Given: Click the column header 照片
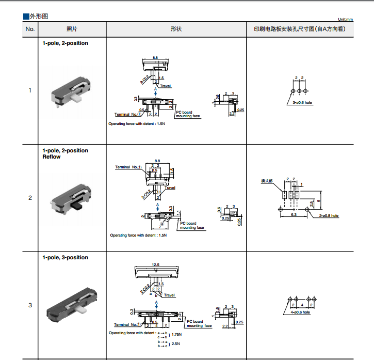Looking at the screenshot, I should click(73, 29).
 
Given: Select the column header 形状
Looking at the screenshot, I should click(176, 29).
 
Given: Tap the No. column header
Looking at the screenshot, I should click(30, 29).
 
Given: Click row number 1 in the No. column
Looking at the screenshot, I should click(30, 91).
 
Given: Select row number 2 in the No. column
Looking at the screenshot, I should click(30, 198).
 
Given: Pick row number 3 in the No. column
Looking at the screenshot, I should click(30, 305).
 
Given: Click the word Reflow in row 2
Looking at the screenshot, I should click(51, 157).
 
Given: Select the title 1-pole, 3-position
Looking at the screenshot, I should click(65, 257).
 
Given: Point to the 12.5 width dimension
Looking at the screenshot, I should click(156, 264).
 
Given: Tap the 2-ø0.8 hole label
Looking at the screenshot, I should click(328, 215).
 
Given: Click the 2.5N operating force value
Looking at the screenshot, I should click(175, 343).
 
